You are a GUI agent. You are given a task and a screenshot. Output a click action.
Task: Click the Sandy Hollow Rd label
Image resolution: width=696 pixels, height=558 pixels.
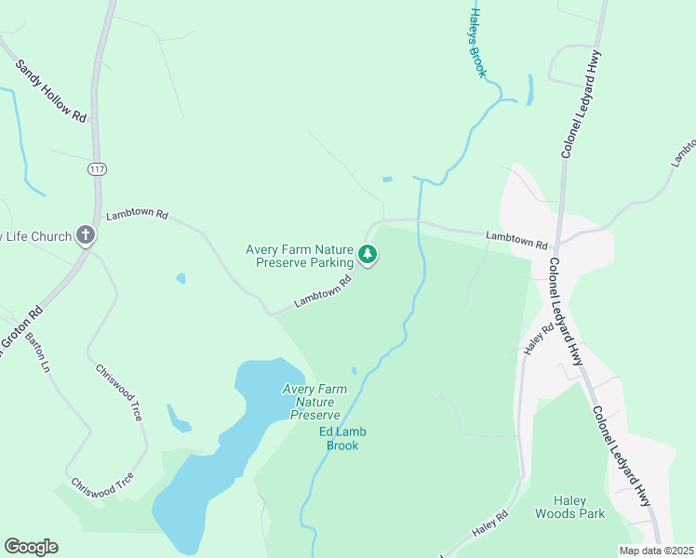click(51, 91)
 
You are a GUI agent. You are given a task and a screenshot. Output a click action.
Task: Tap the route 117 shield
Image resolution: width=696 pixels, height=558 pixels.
click(97, 168)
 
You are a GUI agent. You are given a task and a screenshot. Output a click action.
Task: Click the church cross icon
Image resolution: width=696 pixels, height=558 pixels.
click(86, 234)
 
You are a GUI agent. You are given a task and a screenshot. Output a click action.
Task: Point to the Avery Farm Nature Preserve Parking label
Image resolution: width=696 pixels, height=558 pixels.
click(300, 255)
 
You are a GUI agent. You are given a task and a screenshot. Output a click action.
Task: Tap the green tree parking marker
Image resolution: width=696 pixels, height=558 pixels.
click(368, 254)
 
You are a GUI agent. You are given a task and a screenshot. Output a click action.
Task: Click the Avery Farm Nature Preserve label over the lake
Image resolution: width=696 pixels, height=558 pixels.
click(312, 402)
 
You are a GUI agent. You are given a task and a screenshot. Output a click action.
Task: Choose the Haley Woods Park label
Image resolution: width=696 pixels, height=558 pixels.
click(569, 507)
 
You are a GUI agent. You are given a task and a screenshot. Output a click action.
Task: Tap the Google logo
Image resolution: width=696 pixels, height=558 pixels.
click(31, 546)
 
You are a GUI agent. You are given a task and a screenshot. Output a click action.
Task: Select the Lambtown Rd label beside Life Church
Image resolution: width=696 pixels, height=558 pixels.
click(137, 215)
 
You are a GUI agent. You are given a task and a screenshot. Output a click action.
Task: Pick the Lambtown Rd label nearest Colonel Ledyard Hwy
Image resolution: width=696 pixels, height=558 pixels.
click(516, 241)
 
